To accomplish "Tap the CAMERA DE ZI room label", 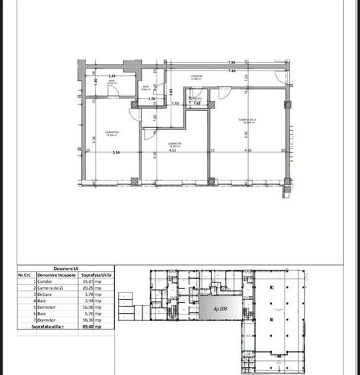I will (249, 121).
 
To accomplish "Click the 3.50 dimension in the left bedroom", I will (115, 153).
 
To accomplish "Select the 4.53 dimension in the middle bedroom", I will (172, 151).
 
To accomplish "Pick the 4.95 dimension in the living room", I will (247, 151).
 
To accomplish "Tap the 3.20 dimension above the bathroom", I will (112, 77).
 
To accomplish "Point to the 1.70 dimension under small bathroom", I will (151, 99).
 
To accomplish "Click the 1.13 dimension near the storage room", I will (175, 104).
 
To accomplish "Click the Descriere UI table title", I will (66, 269).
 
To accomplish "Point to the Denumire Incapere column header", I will (56, 275).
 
